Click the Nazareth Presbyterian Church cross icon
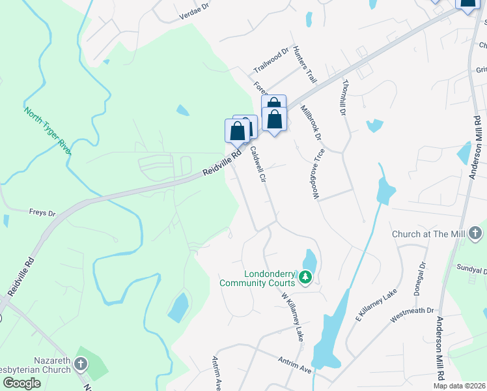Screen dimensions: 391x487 click(80, 365)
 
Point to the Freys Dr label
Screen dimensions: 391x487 click(42, 212)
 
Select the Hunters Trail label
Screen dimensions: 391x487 click(304, 65)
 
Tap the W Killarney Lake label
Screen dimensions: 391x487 click(292, 317)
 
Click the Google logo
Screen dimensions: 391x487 click(21, 384)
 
